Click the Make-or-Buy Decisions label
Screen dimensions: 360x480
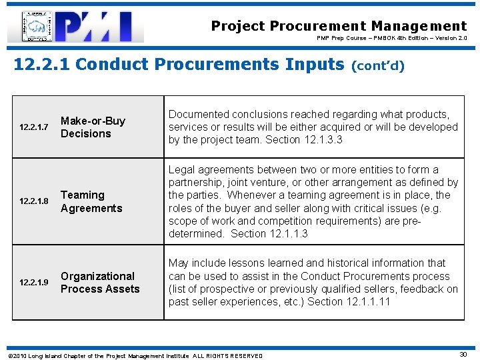pos(93,127)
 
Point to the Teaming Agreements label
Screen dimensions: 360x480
pos(91,201)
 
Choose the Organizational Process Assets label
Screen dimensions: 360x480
pos(100,283)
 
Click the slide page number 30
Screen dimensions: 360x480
pos(463,355)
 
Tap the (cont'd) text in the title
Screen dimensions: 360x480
pos(378,67)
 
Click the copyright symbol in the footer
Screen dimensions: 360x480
pos(7,355)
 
